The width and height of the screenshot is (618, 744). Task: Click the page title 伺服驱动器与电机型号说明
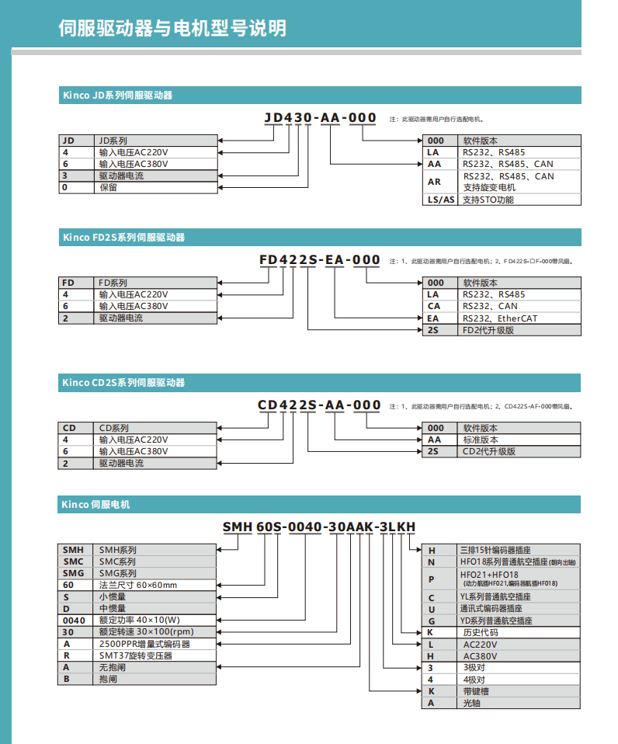(172, 28)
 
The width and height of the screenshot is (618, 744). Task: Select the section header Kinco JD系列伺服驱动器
(117, 96)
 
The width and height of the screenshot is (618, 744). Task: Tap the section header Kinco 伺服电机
(95, 505)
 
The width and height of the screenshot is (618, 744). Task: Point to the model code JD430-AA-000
(320, 118)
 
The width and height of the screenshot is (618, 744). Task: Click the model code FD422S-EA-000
(319, 260)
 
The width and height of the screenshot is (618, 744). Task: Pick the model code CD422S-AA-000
(319, 405)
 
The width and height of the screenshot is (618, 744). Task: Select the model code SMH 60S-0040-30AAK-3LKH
(319, 527)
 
